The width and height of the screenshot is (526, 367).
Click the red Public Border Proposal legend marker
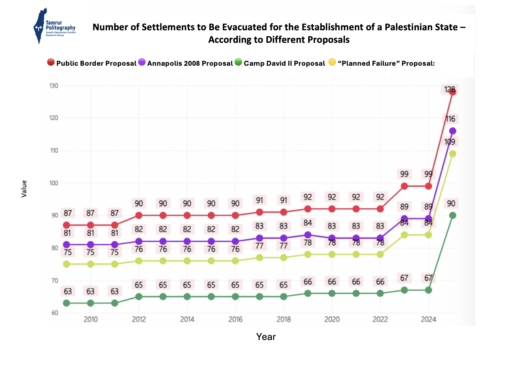(51, 62)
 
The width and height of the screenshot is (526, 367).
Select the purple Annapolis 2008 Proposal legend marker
(142, 62)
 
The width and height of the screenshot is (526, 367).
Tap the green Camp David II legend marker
(238, 62)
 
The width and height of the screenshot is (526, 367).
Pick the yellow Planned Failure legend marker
(332, 62)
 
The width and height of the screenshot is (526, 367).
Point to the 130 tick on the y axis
(54, 86)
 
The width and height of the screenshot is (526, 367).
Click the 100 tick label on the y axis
(54, 183)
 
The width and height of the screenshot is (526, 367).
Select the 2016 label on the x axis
(235, 319)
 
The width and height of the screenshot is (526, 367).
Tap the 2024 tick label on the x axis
(428, 319)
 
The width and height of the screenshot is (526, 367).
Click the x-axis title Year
(266, 337)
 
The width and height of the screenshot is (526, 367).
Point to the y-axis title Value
(24, 189)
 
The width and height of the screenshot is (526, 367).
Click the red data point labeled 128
(452, 92)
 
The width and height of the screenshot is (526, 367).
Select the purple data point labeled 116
(452, 131)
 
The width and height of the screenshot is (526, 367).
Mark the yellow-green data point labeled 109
(452, 154)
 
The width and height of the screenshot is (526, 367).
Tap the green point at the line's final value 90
(452, 215)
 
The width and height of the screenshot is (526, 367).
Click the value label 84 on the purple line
(308, 223)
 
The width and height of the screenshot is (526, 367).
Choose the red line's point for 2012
(139, 215)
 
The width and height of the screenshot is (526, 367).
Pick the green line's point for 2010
(90, 303)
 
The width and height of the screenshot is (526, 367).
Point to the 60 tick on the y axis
(55, 313)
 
